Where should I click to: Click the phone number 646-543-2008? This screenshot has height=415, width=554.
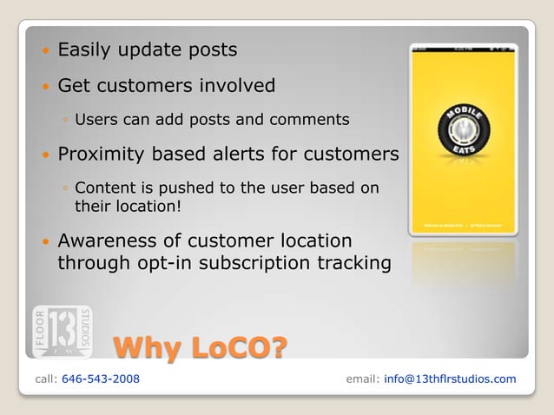pyautogui.click(x=101, y=379)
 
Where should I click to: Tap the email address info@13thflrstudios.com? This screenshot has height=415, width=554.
pyautogui.click(x=450, y=379)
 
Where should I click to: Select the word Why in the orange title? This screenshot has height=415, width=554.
pyautogui.click(x=148, y=348)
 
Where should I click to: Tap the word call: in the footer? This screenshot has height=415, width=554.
pyautogui.click(x=47, y=379)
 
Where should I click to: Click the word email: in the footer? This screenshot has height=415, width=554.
pyautogui.click(x=362, y=379)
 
